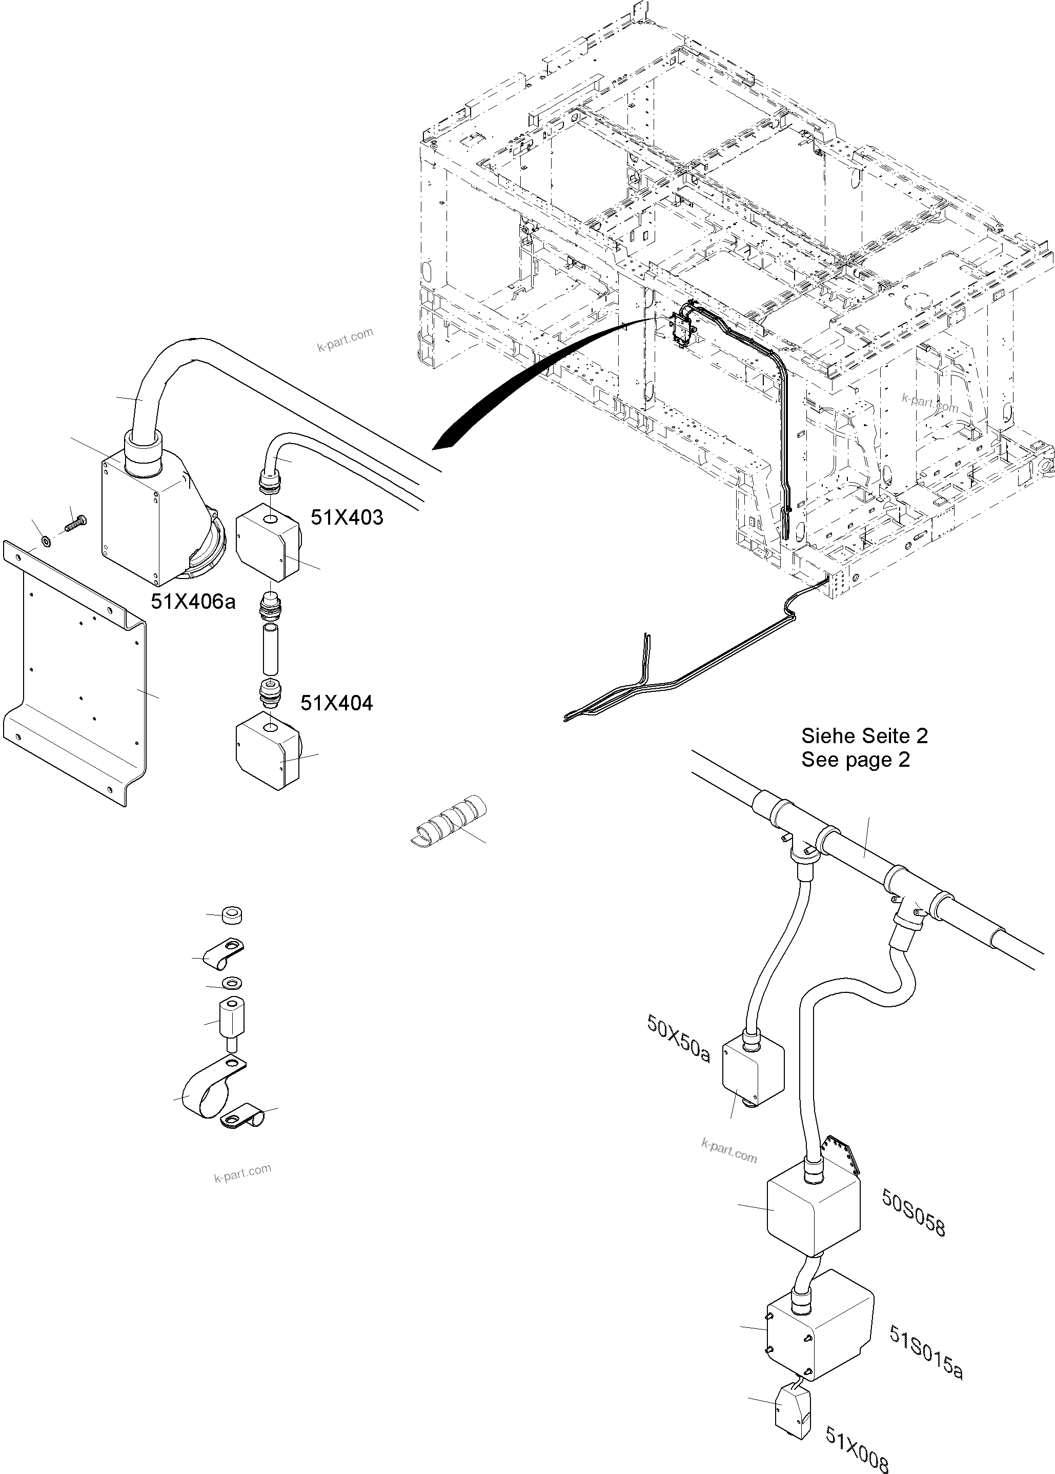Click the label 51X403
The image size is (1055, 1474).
click(x=347, y=517)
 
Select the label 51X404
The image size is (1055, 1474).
click(x=336, y=703)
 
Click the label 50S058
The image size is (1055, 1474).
click(x=912, y=1213)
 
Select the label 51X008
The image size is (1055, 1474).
click(x=856, y=1447)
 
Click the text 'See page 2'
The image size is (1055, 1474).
click(x=855, y=759)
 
